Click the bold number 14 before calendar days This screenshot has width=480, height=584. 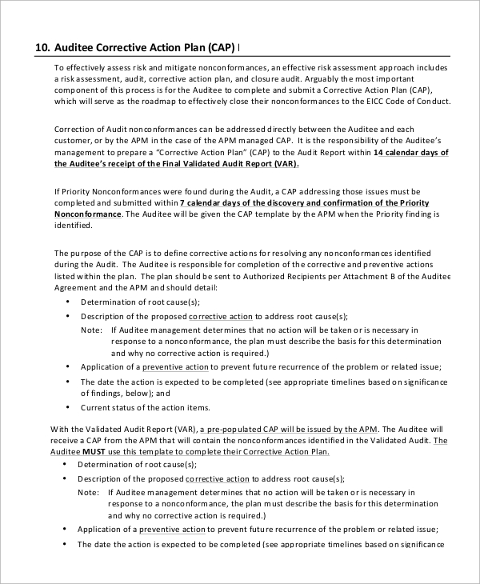(379, 152)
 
